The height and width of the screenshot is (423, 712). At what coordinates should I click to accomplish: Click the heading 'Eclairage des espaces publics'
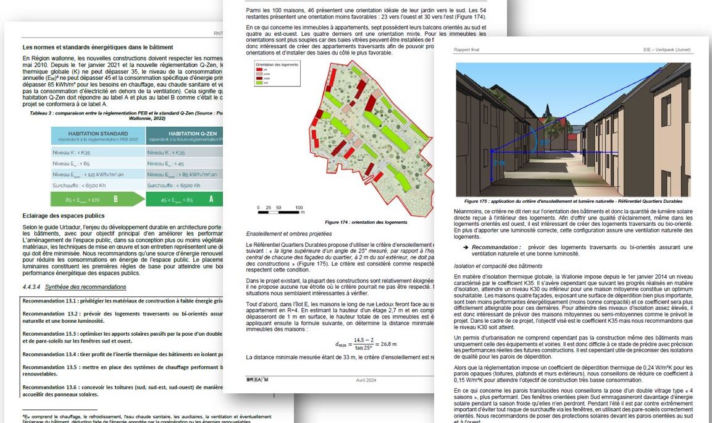[x=64, y=215]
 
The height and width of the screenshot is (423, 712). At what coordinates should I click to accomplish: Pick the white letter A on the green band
[x=211, y=199]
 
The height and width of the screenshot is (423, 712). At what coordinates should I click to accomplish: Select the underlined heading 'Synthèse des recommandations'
[x=85, y=287]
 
